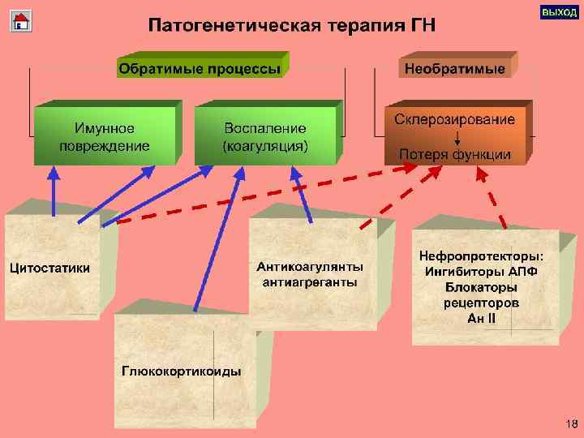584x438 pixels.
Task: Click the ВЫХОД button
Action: coord(558,14)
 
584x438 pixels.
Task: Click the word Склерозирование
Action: coord(454,119)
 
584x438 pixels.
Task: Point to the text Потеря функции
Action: coord(454,153)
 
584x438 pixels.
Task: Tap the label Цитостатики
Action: coord(49,268)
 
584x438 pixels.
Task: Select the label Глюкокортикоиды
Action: coord(182,371)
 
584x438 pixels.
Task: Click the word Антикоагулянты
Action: coord(310,267)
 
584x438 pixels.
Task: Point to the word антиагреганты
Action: coord(310,282)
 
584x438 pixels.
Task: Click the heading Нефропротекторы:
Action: coord(482,256)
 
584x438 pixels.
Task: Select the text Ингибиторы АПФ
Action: coord(482,272)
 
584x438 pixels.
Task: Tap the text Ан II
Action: coord(482,318)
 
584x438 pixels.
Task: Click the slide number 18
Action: coord(570,424)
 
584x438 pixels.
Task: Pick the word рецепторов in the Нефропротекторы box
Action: coord(482,303)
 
